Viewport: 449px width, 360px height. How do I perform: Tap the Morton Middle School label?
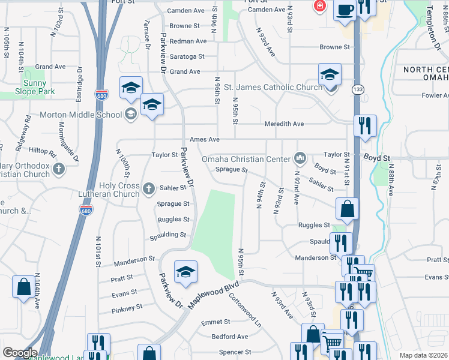click(x=80, y=115)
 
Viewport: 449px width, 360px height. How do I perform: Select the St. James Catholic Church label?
click(x=273, y=88)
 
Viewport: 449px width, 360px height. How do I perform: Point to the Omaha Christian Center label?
click(x=246, y=159)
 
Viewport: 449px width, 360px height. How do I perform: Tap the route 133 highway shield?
click(x=358, y=89)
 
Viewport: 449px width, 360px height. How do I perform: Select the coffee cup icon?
click(x=345, y=10)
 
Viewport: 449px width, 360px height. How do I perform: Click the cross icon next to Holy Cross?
click(x=149, y=189)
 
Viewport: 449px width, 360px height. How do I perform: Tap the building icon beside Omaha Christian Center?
click(x=300, y=159)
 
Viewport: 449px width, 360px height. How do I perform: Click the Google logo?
click(x=20, y=353)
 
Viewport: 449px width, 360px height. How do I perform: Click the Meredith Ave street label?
click(x=285, y=124)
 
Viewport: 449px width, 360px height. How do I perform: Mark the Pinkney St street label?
click(x=127, y=308)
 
